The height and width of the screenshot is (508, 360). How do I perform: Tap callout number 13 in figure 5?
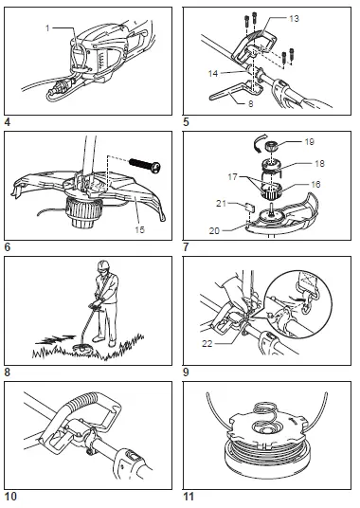[x=293, y=18]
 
